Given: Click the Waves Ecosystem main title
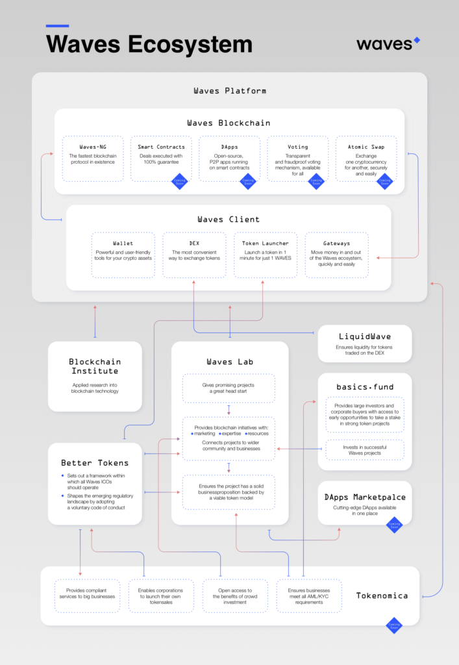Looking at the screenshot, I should coord(149,44).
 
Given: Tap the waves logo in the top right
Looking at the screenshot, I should coord(388,44).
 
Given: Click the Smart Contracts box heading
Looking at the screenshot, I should coord(161,147).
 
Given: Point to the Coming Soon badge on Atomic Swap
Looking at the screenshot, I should coord(385,182).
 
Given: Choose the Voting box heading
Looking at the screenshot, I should coord(298,147).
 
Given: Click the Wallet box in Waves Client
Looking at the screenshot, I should coord(123,255).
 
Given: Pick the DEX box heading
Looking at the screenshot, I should coord(194,244).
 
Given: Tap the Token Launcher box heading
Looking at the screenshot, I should coord(265,244).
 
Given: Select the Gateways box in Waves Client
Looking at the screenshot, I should coord(336,255).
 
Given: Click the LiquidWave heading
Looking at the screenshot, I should coord(365,336).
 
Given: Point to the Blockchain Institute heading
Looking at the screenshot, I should coord(95,366).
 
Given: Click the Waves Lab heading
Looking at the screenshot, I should coord(230,362).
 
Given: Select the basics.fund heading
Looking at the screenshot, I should coord(365,387).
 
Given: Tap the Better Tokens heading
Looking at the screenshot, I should coord(95,463).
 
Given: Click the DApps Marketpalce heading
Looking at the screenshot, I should coord(365,497).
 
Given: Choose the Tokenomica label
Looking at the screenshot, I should coord(382,595).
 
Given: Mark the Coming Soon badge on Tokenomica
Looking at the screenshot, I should coord(393,625).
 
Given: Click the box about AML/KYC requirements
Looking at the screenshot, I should coord(309,596).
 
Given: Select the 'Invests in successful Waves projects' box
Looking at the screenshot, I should coord(364,449).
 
